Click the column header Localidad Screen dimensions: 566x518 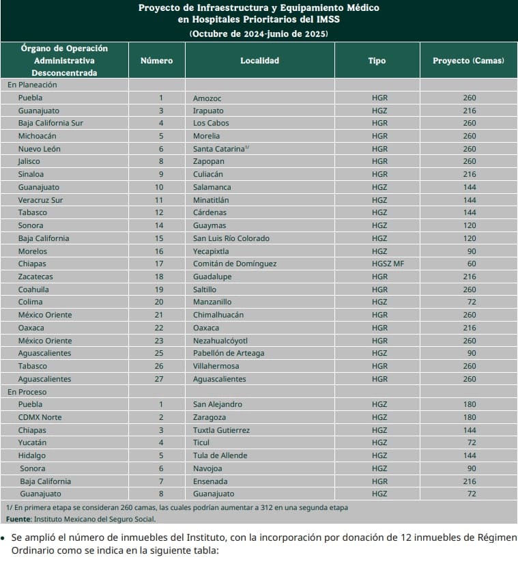259,61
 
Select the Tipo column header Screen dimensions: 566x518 377,61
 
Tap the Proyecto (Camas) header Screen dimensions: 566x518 468,61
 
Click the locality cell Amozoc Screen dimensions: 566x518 207,98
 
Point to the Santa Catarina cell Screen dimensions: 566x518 218,149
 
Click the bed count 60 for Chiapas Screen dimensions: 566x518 469,264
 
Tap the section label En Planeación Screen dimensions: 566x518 32,85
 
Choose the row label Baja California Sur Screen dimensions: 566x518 51,124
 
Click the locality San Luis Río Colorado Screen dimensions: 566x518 231,238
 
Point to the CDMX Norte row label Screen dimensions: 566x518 40,417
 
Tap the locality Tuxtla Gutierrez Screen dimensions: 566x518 221,430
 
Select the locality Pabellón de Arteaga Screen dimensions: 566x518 229,353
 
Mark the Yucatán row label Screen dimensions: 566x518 32,443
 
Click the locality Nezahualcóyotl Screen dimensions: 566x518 220,341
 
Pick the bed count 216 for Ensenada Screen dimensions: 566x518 469,481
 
